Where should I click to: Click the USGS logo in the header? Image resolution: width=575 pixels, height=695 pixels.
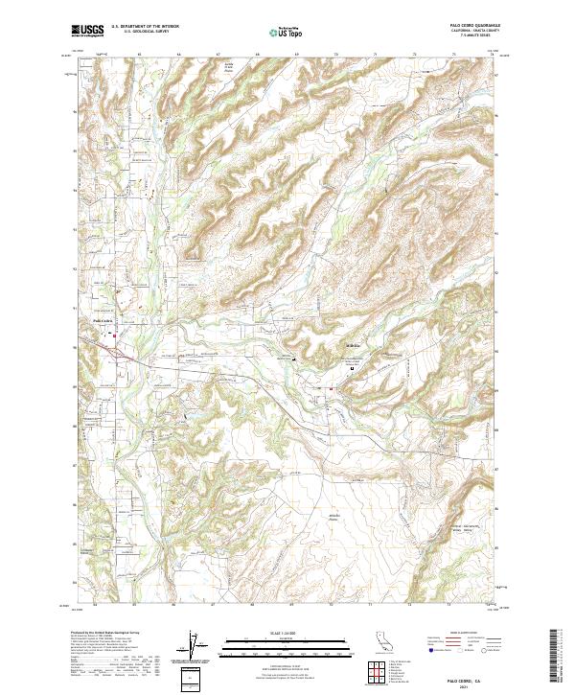pos(87,31)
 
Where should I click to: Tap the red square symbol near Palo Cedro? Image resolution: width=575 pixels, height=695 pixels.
pos(114,336)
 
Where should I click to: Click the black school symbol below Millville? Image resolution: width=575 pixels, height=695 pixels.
pos(352,367)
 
